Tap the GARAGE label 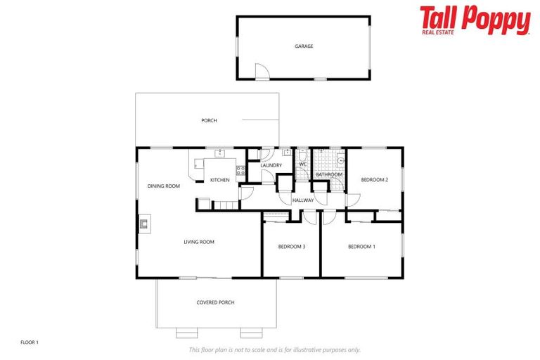tap(304, 46)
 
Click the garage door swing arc tap(261, 72)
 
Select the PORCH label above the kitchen tap(209, 120)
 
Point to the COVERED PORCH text tap(215, 302)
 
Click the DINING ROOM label tap(164, 186)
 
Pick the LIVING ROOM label tap(199, 242)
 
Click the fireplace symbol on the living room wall tap(143, 224)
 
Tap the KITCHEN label tap(220, 180)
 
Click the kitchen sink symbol tap(219, 153)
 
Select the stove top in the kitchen tap(240, 169)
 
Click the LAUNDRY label tap(271, 166)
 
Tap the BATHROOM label tap(328, 174)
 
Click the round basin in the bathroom tap(341, 160)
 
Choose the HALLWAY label tap(303, 200)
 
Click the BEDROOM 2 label tap(375, 180)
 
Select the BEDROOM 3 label tap(291, 246)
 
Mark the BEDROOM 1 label tap(362, 246)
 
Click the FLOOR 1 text tap(30, 342)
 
